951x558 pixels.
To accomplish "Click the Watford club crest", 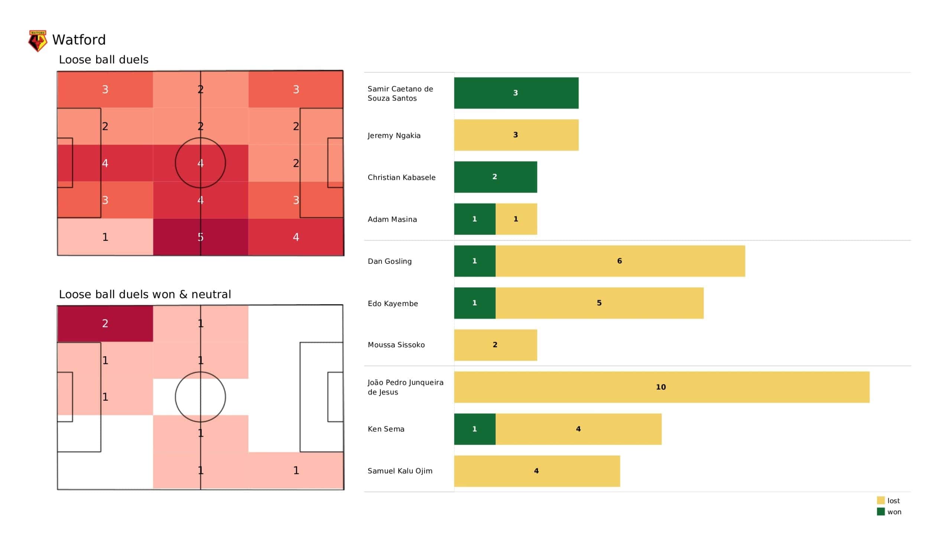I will click(38, 41).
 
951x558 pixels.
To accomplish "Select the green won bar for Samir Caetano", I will click(516, 93).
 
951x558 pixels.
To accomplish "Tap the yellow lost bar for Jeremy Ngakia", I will click(516, 135).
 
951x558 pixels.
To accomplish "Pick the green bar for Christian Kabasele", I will click(495, 177).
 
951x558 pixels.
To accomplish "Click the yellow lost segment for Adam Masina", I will click(516, 219).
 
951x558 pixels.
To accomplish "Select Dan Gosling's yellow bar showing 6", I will click(620, 261).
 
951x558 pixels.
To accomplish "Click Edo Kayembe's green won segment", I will click(474, 303).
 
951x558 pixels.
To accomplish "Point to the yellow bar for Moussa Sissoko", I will click(495, 345).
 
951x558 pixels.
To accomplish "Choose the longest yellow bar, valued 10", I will click(661, 387).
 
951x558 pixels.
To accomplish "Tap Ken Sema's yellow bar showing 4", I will click(578, 429).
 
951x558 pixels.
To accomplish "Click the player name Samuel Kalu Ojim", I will click(400, 471).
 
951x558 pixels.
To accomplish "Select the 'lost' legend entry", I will click(889, 501).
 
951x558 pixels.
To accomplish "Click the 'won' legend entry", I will click(889, 512).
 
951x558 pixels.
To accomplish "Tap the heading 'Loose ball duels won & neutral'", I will click(145, 295).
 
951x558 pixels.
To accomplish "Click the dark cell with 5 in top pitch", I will click(200, 237).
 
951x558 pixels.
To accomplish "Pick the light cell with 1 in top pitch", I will click(105, 237).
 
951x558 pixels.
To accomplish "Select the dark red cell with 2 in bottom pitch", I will click(105, 324).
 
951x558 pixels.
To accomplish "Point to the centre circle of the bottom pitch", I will click(200, 397).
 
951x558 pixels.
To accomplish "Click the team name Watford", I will click(79, 40).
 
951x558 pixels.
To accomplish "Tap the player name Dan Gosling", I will click(389, 261).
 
